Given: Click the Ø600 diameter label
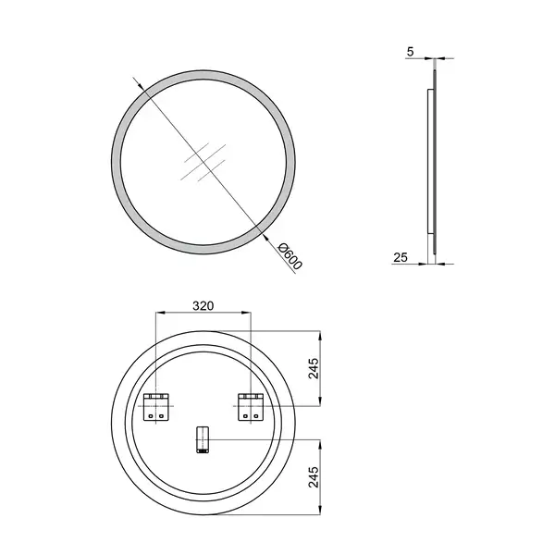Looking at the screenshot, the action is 290,256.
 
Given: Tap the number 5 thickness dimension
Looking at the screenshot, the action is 410,52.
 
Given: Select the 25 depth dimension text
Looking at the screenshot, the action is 401,257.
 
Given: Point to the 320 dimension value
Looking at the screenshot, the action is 203,305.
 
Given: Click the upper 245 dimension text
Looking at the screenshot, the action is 314,368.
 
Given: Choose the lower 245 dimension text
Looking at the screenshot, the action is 314,476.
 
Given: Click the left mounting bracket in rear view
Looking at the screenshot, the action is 156,407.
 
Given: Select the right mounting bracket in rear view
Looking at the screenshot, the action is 251,407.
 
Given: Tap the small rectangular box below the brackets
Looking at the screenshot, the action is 203,439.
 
